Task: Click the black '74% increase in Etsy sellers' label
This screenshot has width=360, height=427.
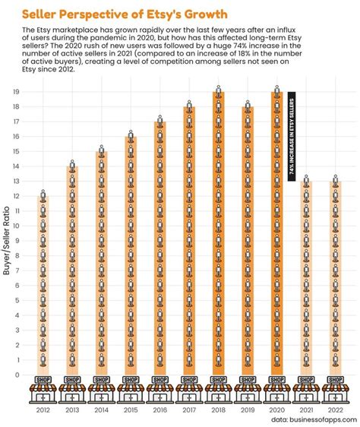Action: coord(292,137)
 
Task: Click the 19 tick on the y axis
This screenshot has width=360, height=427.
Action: coord(17,92)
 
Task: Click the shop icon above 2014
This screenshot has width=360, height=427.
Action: coord(101,388)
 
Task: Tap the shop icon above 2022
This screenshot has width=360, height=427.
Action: coord(335,388)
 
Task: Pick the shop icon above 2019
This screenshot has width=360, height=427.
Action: coord(248,388)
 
